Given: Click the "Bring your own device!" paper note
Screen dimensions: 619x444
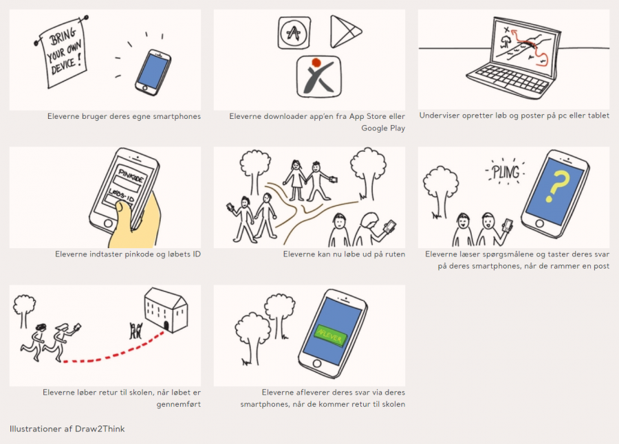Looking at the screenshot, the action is [63, 54].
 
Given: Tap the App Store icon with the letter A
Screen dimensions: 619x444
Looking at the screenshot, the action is [294, 33].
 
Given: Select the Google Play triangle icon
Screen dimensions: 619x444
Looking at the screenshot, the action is [345, 32].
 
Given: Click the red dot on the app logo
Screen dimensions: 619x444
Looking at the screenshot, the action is [316, 63].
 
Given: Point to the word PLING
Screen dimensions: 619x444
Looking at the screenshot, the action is [506, 173].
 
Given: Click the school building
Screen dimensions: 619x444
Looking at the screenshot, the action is [166, 310].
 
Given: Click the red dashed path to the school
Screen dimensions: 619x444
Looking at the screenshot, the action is [114, 354].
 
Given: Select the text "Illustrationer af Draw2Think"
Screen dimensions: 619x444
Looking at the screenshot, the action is [67, 429].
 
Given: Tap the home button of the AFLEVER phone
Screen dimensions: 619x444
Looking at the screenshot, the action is [317, 364].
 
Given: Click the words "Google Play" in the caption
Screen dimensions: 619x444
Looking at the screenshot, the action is [383, 129].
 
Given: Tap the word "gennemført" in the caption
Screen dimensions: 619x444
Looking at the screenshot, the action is [178, 404].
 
